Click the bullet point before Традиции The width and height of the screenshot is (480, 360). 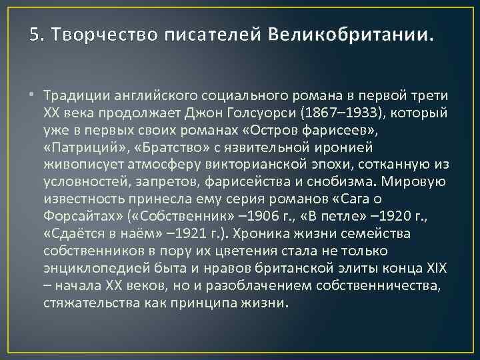pyautogui.click(x=33, y=94)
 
